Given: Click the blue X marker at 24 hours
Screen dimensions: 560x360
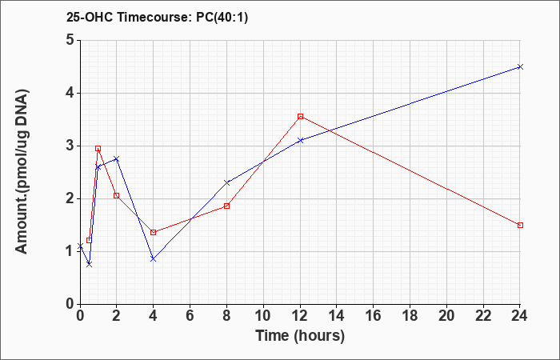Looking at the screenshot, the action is (x=520, y=66).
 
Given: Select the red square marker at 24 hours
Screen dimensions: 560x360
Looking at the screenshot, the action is (x=520, y=225).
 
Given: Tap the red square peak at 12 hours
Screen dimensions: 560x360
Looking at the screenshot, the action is (x=300, y=117).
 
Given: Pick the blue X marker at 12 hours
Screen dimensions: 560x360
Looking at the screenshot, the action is (x=300, y=140).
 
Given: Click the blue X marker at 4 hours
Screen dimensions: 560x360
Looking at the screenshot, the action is (x=154, y=259).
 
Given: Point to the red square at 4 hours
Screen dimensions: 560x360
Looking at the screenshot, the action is (x=154, y=232).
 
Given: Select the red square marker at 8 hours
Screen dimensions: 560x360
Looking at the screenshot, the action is (x=226, y=206).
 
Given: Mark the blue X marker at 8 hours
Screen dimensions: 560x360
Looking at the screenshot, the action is (x=226, y=182).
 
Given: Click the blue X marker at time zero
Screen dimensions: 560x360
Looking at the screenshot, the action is (x=80, y=246).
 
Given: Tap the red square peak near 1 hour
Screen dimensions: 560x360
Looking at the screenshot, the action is (x=98, y=148).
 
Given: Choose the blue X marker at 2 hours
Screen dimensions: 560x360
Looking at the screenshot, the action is (x=117, y=158).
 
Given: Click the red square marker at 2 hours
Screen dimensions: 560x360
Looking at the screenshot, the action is (x=117, y=195).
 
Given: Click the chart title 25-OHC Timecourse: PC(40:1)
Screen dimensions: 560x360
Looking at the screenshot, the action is (x=157, y=17).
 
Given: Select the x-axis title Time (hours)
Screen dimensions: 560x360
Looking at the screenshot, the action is (x=300, y=336).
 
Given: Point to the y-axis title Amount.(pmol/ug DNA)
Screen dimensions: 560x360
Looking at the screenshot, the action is (x=22, y=171).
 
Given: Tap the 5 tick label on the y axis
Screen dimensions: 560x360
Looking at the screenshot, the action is (x=70, y=40).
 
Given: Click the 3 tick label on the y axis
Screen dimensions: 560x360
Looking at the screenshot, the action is (x=70, y=146).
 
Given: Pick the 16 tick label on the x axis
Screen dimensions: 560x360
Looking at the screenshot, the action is (x=374, y=316).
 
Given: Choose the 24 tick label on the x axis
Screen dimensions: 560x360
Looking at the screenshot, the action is (x=520, y=316).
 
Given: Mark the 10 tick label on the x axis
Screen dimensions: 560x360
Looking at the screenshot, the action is (x=263, y=316).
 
